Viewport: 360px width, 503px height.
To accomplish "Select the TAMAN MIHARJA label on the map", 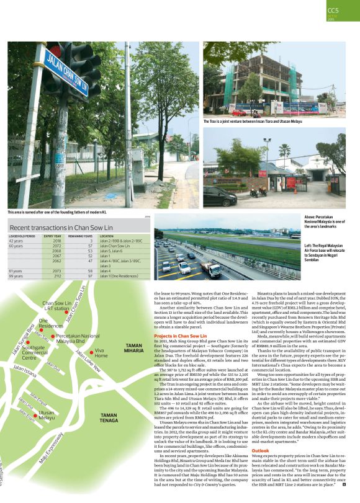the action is pyautogui.click(x=134, y=349).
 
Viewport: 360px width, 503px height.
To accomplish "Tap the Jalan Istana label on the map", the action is pyautogui.click(x=25, y=371).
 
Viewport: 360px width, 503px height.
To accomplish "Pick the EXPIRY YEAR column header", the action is pyautogui.click(x=52, y=236).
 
